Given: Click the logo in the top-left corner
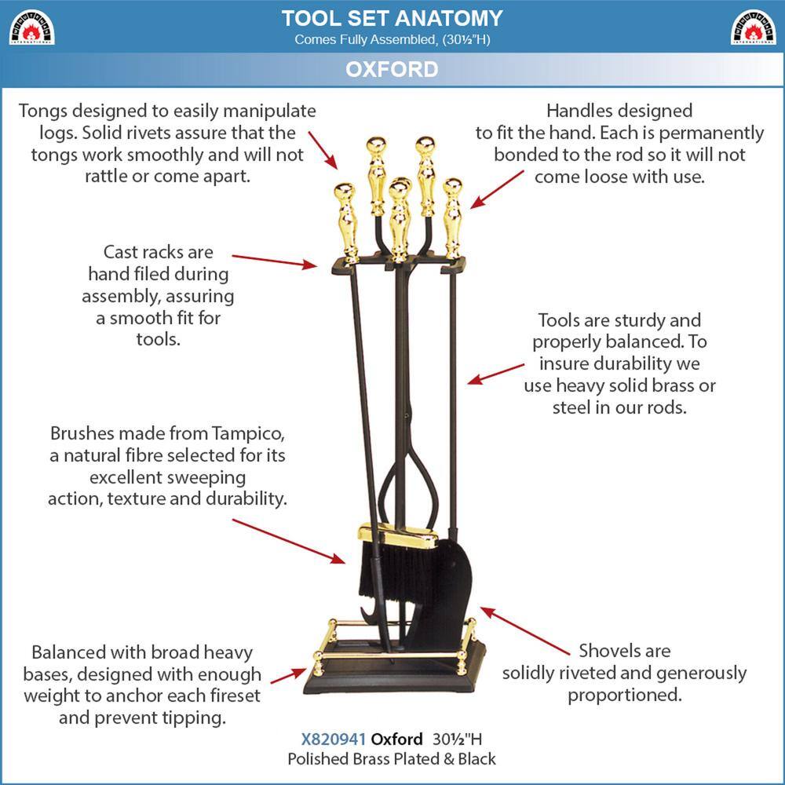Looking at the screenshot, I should pyautogui.click(x=31, y=27).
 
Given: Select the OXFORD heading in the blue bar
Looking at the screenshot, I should pyautogui.click(x=392, y=69).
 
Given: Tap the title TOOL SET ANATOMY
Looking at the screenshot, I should pyautogui.click(x=392, y=18).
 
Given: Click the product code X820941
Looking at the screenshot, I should pyautogui.click(x=334, y=739).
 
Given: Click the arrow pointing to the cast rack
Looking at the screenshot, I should pyautogui.click(x=274, y=261).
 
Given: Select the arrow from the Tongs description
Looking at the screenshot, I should pyautogui.click(x=323, y=150).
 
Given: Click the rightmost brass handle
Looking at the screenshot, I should pyautogui.click(x=453, y=216).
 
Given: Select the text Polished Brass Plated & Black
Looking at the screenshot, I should pyautogui.click(x=392, y=759).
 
